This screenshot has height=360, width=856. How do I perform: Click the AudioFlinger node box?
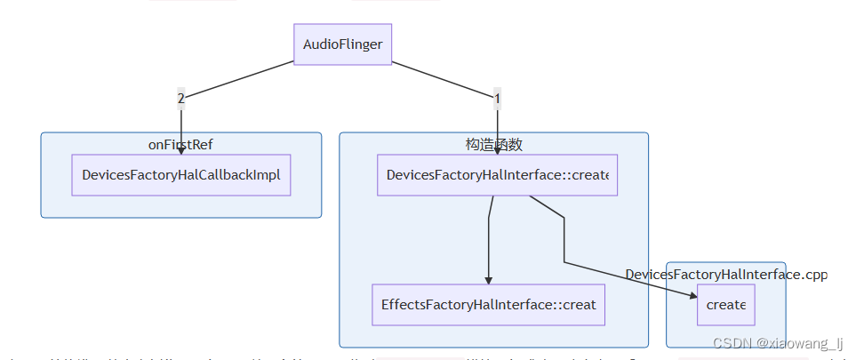click(342, 44)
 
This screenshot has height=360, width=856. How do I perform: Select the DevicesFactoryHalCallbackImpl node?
click(181, 175)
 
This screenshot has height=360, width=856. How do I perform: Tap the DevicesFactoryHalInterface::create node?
click(497, 175)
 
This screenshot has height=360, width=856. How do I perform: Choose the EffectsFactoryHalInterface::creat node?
click(488, 305)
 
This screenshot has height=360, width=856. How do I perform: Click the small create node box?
click(725, 305)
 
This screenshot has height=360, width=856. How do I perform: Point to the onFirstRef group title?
click(180, 145)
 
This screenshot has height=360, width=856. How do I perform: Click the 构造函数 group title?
click(493, 144)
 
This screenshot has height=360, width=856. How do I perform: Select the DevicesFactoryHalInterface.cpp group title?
click(726, 275)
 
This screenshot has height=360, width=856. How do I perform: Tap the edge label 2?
click(181, 97)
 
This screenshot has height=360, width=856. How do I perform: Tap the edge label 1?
click(497, 97)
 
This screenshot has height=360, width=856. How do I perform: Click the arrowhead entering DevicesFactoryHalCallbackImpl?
click(181, 151)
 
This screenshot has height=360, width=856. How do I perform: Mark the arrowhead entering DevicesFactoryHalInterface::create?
click(497, 151)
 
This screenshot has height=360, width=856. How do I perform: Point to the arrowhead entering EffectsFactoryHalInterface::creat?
click(488, 280)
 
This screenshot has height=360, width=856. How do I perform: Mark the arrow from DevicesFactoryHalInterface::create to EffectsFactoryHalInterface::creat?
click(488, 240)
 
